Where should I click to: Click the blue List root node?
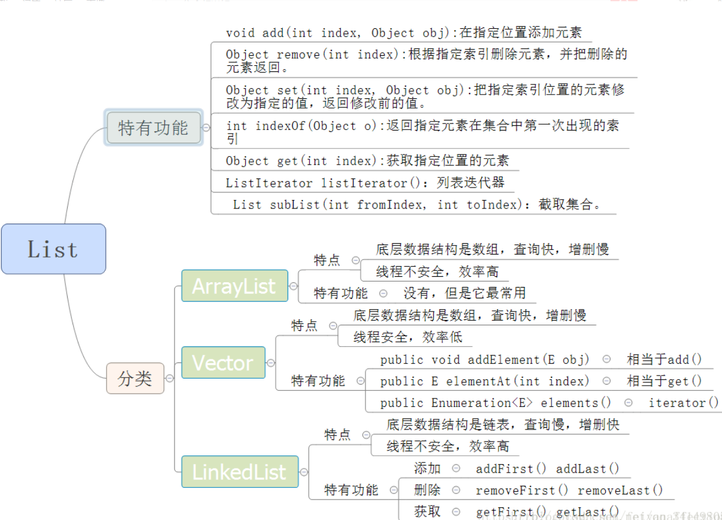click(x=53, y=249)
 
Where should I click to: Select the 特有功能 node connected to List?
click(x=153, y=128)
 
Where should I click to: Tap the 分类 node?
click(x=135, y=379)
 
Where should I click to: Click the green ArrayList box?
click(x=234, y=286)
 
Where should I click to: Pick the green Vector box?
click(x=223, y=362)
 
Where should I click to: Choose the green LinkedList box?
click(x=239, y=471)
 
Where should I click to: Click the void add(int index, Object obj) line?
click(x=403, y=33)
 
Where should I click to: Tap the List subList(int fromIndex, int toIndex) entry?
click(x=416, y=204)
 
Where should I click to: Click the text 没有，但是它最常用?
click(x=464, y=293)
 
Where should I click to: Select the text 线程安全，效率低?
click(x=407, y=337)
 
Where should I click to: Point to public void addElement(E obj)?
click(x=485, y=359)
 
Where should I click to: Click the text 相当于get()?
click(x=664, y=381)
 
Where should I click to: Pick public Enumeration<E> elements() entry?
click(x=496, y=403)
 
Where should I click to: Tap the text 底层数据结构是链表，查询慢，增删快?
click(x=503, y=425)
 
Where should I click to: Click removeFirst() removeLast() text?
click(x=569, y=490)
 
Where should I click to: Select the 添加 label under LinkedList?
click(x=427, y=468)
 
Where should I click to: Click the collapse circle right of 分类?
click(x=170, y=379)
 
